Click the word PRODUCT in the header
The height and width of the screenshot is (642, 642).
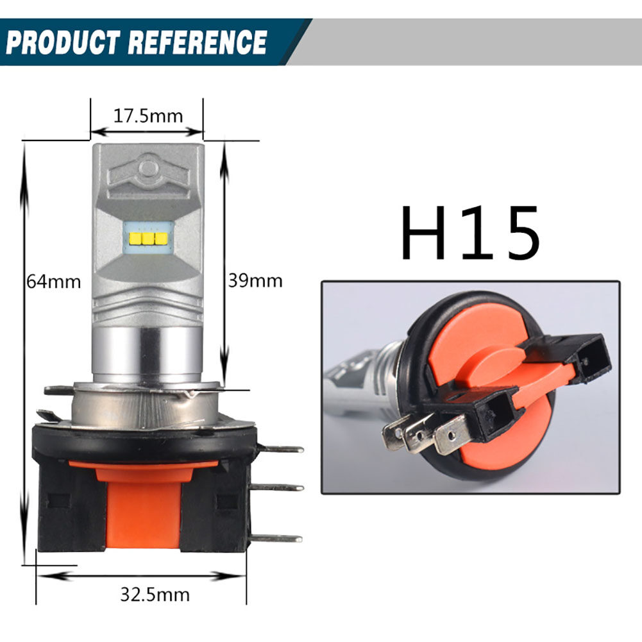(63, 42)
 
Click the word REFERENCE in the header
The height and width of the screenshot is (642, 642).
(197, 42)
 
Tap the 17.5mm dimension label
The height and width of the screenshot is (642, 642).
(148, 116)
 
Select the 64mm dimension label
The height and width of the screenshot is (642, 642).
(54, 281)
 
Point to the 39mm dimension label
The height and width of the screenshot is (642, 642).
(255, 280)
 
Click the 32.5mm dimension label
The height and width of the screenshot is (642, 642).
(155, 594)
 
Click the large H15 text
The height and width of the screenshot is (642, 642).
(469, 233)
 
